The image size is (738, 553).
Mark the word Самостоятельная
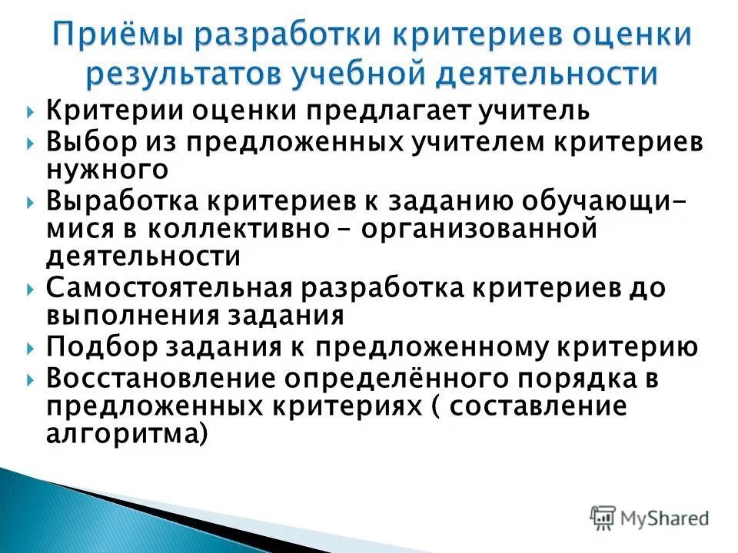tap(168, 288)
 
